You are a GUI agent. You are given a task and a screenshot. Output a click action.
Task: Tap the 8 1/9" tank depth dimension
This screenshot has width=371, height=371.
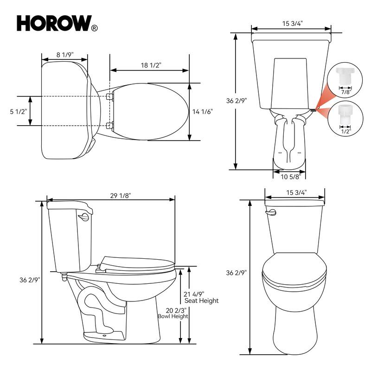pos(64,55)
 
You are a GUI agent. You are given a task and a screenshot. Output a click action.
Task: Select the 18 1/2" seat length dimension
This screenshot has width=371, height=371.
pos(151,65)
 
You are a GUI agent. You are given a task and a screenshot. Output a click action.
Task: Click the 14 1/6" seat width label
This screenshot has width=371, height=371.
pos(203,111)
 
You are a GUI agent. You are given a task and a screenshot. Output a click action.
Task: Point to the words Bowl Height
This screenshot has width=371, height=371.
pos(173,316)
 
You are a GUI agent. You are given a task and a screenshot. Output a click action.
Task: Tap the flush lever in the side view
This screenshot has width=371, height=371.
pos(84,217)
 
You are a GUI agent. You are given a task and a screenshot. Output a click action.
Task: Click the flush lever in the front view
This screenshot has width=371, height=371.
pos(271,212)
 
